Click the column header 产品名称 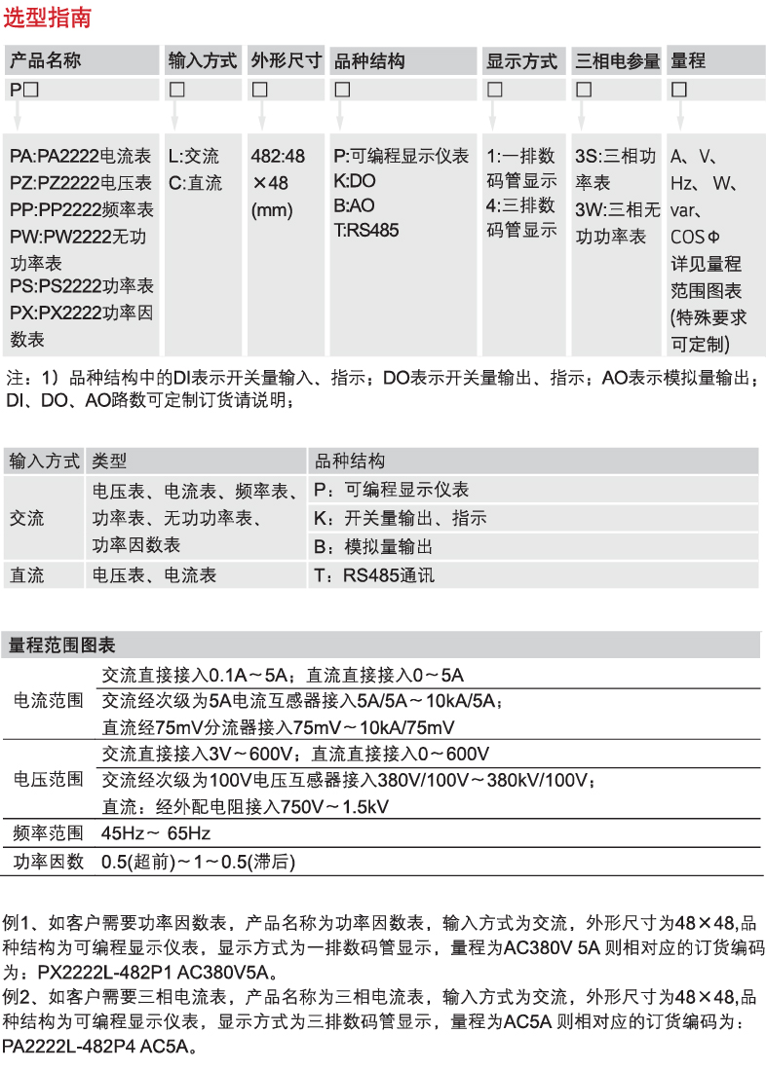pos(46,61)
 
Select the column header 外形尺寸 pos(286,61)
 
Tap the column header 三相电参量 pos(617,61)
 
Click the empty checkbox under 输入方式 pos(177,90)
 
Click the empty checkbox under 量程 pos(679,90)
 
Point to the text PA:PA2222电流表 pos(81,157)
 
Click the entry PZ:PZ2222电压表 pos(81,183)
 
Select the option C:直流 pos(195,183)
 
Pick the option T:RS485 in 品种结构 pos(365,232)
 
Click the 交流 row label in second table pos(27,519)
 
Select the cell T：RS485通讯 pos(374,576)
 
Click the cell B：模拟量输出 pos(374,547)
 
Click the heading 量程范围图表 pos(62,646)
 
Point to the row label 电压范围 pos(48,780)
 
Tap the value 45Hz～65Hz pos(156,833)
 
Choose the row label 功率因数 pos(48,862)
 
